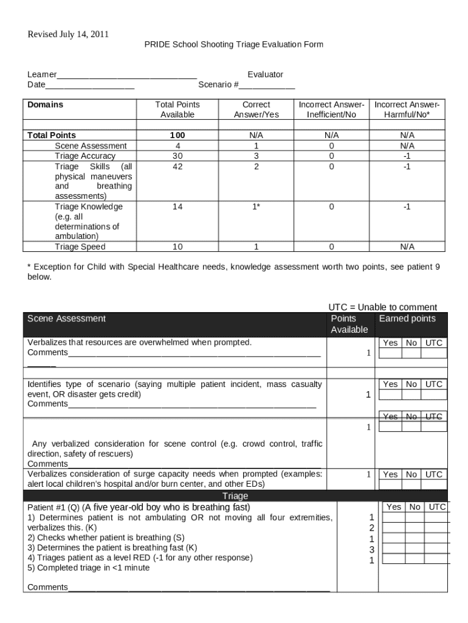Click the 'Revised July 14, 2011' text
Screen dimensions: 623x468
tap(68, 34)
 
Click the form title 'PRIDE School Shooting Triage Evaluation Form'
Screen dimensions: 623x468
tap(233, 44)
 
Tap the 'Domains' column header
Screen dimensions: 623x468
tap(45, 105)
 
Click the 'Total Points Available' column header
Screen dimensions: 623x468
tap(177, 110)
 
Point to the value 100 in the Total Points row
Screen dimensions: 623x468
tap(177, 135)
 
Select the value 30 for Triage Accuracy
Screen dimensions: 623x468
tap(177, 156)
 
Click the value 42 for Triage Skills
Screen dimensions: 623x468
tap(177, 166)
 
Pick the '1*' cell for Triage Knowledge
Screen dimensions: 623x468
tap(256, 207)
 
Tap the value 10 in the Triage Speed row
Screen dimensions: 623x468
tap(177, 246)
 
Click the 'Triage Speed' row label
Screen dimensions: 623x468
tap(80, 246)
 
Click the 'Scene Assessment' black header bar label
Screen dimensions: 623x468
tap(66, 319)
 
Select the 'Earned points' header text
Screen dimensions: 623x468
tap(407, 319)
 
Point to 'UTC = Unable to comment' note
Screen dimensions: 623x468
tap(382, 307)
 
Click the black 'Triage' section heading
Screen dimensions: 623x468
tap(235, 496)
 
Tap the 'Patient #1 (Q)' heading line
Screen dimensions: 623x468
tap(139, 507)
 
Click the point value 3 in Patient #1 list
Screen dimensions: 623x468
tap(372, 549)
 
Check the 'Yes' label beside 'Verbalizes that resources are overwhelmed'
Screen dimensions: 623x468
tap(390, 343)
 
